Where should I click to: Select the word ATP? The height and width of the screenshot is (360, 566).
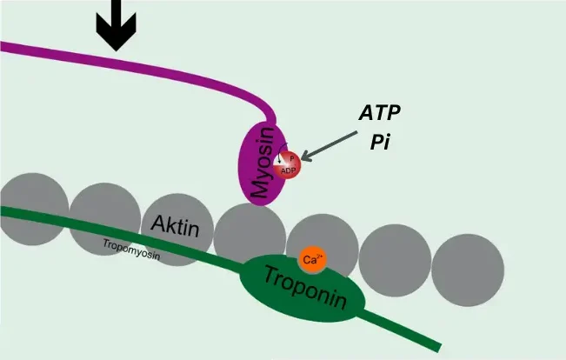coord(380,114)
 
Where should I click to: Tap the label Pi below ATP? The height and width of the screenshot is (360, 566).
coord(379,142)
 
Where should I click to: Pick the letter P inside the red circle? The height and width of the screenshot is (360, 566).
coord(292,157)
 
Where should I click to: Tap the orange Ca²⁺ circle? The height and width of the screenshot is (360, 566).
coord(312,258)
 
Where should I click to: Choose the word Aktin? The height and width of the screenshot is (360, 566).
coord(175,226)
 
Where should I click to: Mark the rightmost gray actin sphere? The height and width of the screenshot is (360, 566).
coord(468,270)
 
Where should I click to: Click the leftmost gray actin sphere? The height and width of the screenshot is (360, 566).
coord(33,209)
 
